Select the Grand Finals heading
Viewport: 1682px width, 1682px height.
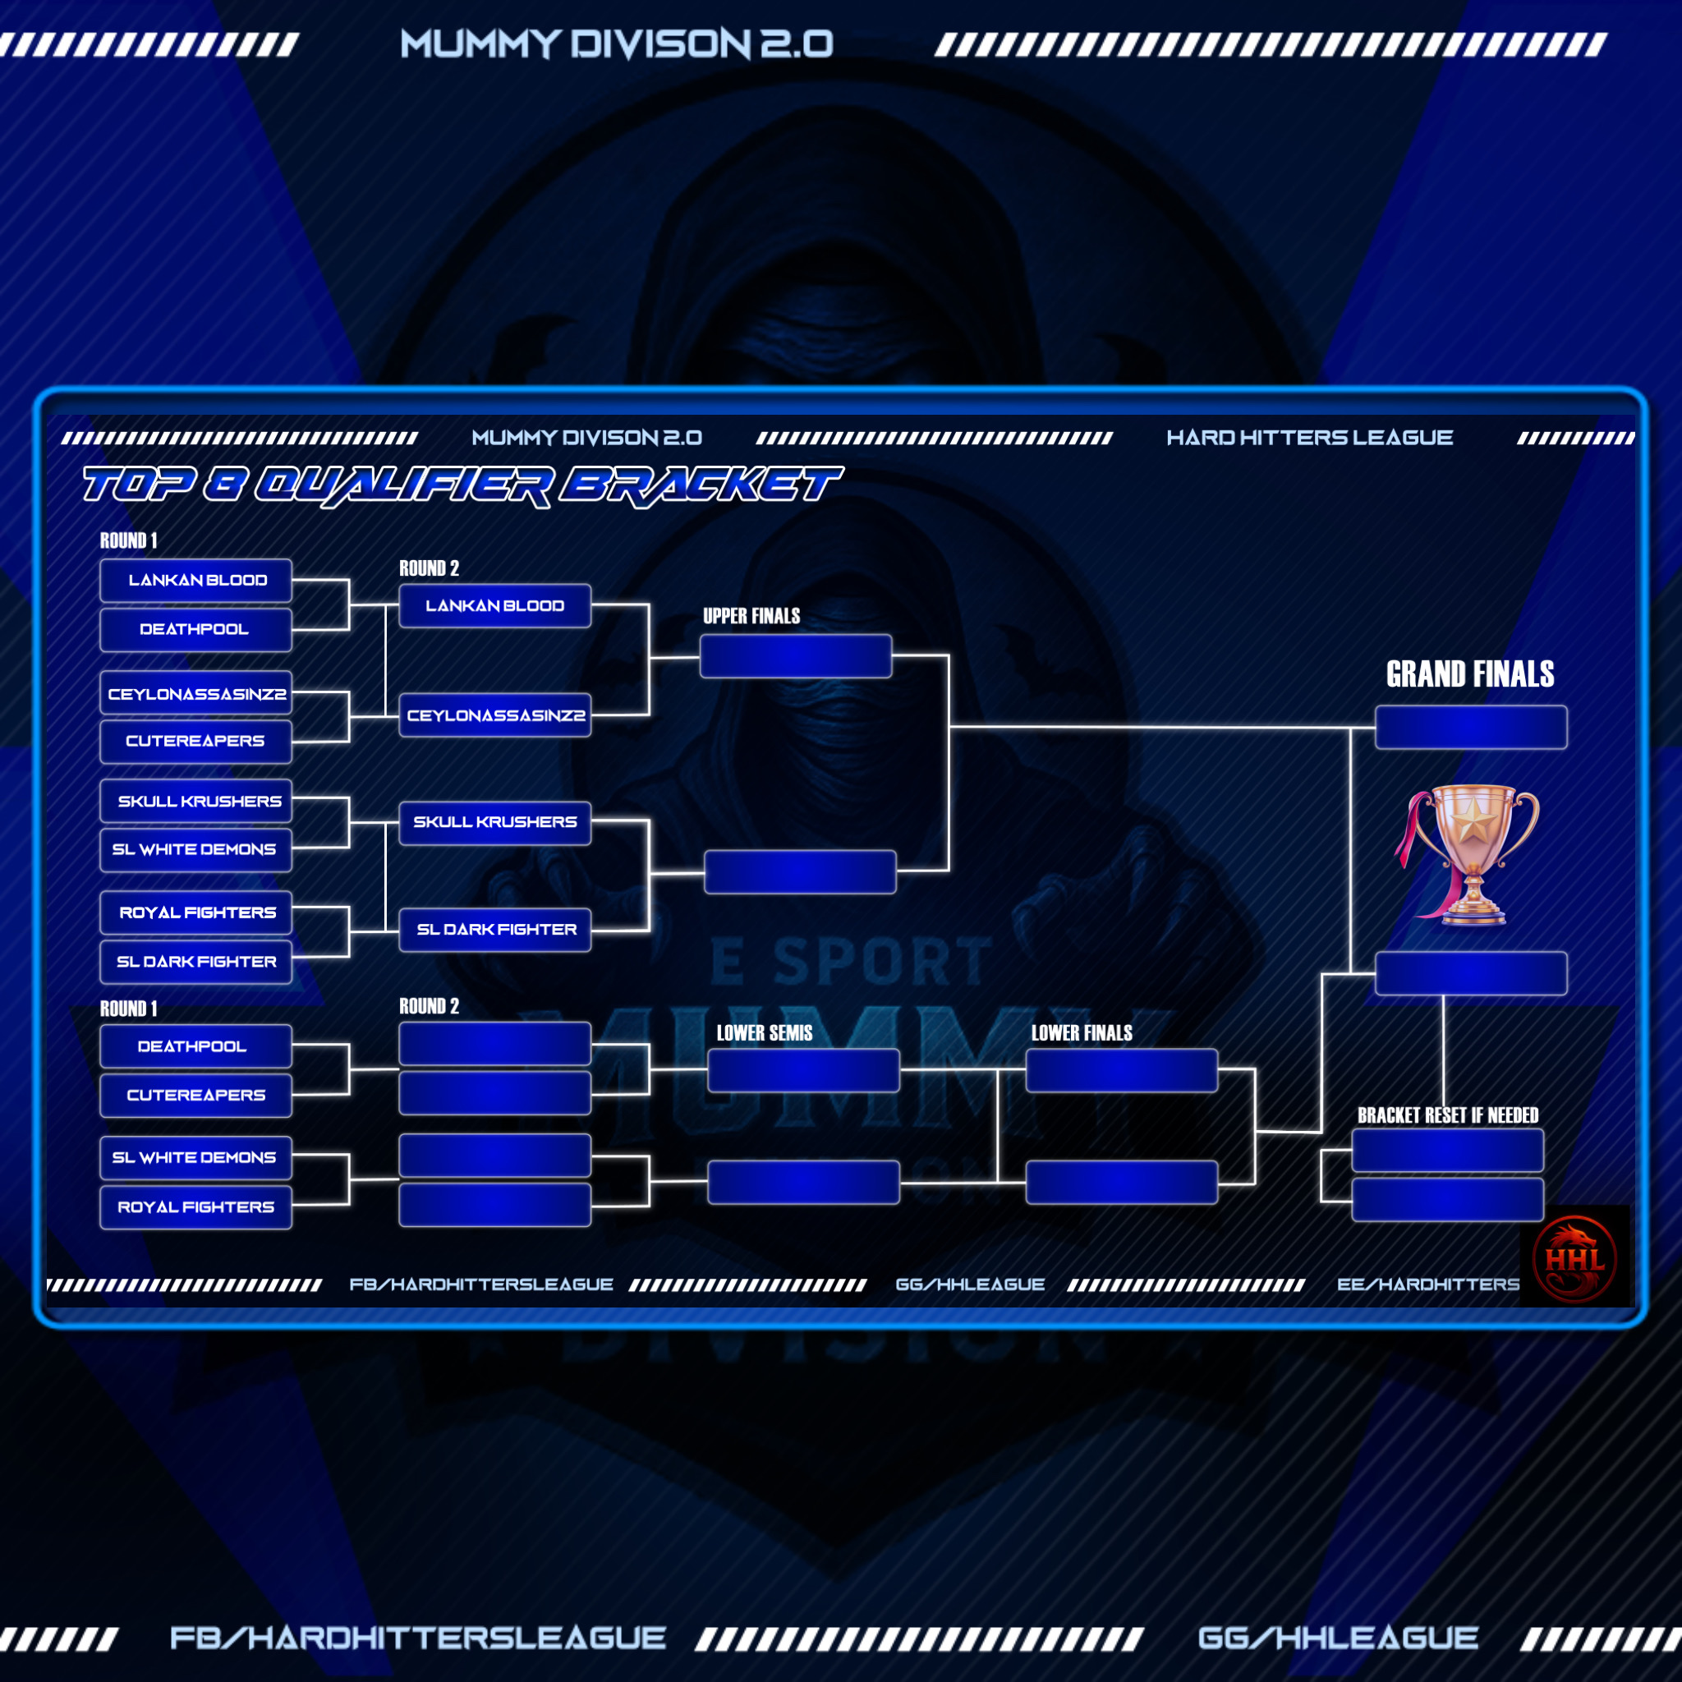1469,673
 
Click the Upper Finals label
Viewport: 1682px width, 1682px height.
751,617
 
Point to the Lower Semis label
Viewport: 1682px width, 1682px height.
764,1033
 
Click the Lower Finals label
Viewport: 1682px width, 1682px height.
1082,1033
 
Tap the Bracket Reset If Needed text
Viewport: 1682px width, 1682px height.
1447,1115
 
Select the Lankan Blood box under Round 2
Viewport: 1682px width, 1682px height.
494,606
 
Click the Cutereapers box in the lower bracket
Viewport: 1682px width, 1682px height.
196,1096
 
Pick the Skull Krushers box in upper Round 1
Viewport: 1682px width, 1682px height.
196,801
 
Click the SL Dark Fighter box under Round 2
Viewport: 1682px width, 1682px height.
494,930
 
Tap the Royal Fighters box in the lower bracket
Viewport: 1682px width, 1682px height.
196,1206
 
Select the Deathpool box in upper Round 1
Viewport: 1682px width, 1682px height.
196,629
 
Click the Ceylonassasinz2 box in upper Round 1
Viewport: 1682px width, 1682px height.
196,694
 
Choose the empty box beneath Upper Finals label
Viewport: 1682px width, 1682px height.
795,656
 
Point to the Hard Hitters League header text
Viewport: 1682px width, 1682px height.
1308,438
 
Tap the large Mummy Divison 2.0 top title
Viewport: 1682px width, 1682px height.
617,44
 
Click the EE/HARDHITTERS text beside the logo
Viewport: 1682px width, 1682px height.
1427,1284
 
